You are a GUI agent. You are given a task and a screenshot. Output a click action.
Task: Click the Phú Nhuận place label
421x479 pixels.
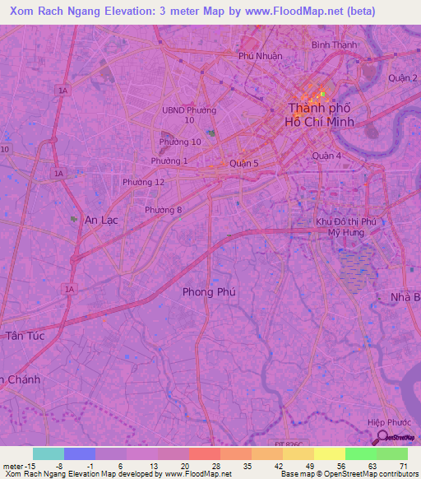(260, 56)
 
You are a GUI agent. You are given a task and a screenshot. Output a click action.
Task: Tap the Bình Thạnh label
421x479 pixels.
(334, 44)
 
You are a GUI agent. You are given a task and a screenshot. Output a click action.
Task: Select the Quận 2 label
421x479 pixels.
(404, 78)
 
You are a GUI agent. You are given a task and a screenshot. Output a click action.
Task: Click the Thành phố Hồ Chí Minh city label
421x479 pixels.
(320, 114)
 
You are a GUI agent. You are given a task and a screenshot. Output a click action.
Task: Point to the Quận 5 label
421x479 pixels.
(244, 163)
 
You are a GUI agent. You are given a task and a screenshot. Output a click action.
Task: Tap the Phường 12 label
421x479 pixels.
(143, 182)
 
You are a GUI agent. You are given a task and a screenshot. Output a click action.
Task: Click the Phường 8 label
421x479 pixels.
(164, 210)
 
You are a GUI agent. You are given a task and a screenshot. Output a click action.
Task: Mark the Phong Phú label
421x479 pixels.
(209, 291)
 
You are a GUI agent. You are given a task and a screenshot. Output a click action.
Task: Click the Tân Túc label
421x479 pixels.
(25, 336)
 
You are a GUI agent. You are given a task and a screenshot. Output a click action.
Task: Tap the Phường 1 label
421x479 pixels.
(169, 160)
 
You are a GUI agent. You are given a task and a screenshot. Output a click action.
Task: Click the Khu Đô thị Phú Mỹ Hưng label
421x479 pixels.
(346, 227)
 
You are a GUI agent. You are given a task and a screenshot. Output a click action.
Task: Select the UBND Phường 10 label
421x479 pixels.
(189, 114)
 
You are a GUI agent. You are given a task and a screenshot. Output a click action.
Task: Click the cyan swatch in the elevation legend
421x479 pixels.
(49, 453)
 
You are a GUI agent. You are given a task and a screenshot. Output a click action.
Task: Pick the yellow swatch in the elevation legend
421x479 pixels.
(330, 453)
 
